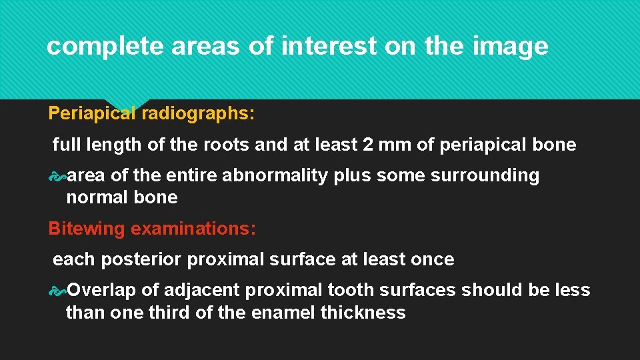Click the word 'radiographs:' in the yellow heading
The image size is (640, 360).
coord(197,113)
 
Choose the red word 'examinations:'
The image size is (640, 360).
coord(193,229)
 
